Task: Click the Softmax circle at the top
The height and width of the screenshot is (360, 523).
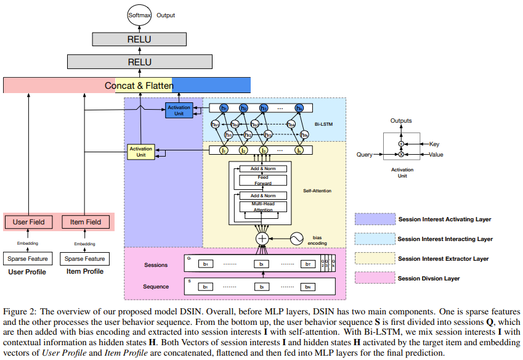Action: click(139, 14)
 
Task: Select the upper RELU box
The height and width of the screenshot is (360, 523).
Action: click(139, 39)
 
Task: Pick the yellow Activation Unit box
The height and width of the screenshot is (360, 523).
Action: click(140, 152)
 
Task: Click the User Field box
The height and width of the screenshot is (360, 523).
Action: click(28, 222)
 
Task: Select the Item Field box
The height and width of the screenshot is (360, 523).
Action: click(85, 222)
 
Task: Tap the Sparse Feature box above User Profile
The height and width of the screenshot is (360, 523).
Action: click(28, 259)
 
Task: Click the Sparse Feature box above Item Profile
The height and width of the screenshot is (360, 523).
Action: click(85, 259)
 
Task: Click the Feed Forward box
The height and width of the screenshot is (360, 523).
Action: click(262, 181)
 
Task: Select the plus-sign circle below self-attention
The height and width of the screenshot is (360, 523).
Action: click(262, 239)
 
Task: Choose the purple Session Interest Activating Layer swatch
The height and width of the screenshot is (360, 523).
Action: click(373, 219)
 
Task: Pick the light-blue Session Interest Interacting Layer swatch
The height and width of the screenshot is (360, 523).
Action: click(373, 239)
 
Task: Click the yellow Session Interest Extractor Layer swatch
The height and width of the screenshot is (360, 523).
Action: click(373, 258)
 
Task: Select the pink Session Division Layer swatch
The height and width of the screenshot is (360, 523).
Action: click(373, 278)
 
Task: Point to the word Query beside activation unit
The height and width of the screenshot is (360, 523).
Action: click(365, 154)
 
